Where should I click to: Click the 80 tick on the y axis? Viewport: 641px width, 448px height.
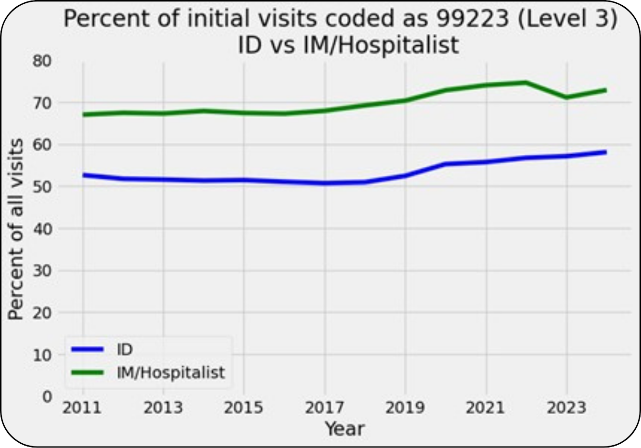pyautogui.click(x=43, y=61)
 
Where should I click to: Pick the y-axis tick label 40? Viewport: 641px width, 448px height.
pyautogui.click(x=43, y=229)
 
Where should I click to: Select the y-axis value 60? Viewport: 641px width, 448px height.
pyautogui.click(x=43, y=145)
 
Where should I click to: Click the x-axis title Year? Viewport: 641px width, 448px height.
pyautogui.click(x=344, y=428)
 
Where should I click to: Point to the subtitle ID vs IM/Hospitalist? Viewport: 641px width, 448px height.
pyautogui.click(x=348, y=45)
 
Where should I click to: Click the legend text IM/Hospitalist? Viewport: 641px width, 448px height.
pyautogui.click(x=171, y=372)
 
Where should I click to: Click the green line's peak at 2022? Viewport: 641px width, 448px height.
pyautogui.click(x=526, y=82)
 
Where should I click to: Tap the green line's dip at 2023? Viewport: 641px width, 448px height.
pyautogui.click(x=566, y=97)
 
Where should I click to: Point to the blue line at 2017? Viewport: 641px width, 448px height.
pyautogui.click(x=325, y=183)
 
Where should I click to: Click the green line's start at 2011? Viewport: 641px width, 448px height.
pyautogui.click(x=83, y=115)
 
